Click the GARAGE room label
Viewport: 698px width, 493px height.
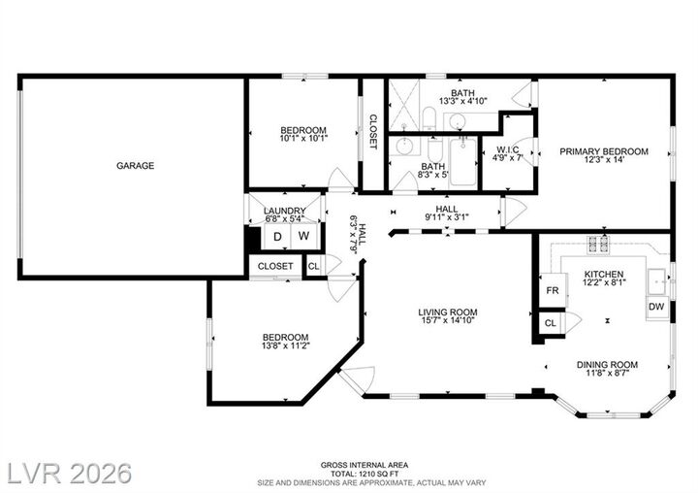[136, 166]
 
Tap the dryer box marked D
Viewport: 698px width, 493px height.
[277, 236]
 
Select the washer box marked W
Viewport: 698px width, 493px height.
[303, 236]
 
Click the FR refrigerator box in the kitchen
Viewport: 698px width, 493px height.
[552, 290]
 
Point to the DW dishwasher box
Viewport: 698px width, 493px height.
[656, 307]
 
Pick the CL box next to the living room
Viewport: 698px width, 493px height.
[551, 323]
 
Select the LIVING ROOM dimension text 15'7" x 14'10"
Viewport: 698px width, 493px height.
[448, 322]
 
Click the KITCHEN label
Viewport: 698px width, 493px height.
[603, 275]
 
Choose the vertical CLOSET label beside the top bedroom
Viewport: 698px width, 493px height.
[372, 132]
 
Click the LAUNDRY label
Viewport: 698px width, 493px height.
[285, 211]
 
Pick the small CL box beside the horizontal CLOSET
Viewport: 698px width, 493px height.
[313, 266]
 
